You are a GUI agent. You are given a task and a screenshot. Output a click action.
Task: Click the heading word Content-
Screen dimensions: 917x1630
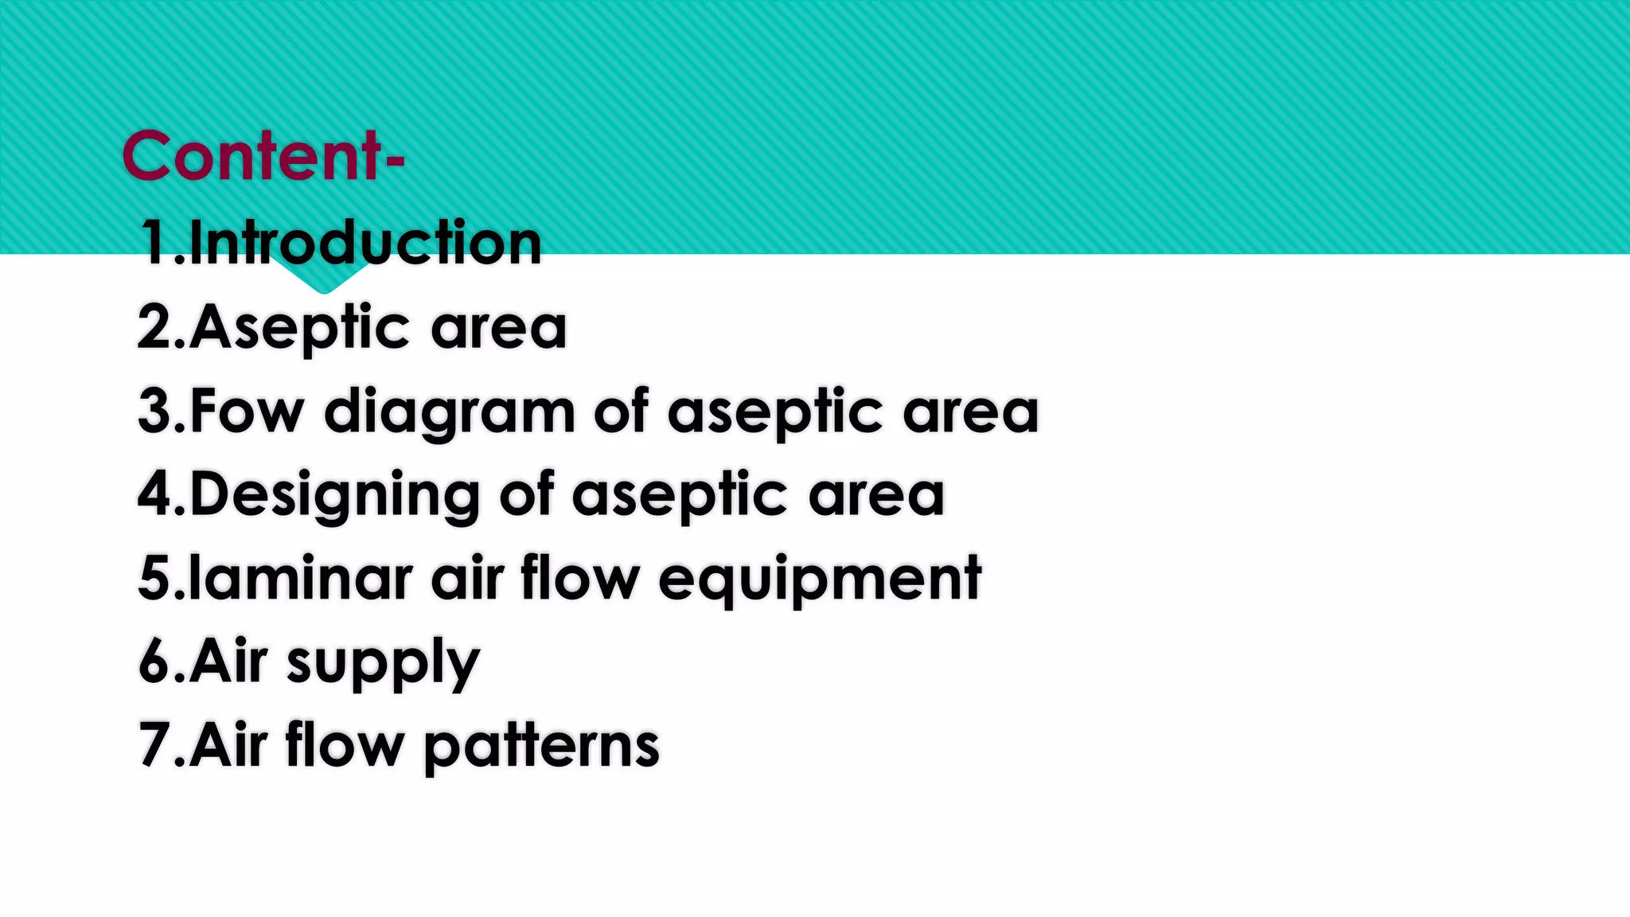point(263,156)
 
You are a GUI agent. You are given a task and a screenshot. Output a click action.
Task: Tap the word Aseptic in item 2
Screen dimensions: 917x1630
point(300,328)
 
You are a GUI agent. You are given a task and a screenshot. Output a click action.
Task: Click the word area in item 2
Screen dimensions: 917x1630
point(499,328)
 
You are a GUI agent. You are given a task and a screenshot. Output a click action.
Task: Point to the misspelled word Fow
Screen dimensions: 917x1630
point(247,412)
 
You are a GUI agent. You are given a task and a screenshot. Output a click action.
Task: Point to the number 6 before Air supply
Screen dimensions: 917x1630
point(153,661)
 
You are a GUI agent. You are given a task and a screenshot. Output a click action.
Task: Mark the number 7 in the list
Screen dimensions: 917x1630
point(153,745)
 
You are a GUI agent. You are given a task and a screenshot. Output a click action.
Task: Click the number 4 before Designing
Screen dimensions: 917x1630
point(153,494)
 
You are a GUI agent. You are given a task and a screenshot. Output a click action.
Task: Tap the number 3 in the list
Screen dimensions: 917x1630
point(153,412)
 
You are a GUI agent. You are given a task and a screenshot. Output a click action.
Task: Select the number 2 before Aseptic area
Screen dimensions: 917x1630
point(153,328)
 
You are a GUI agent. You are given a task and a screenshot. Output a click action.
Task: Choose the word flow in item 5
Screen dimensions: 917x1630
point(580,578)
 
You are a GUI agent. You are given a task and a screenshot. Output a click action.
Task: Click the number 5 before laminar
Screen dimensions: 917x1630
point(153,579)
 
